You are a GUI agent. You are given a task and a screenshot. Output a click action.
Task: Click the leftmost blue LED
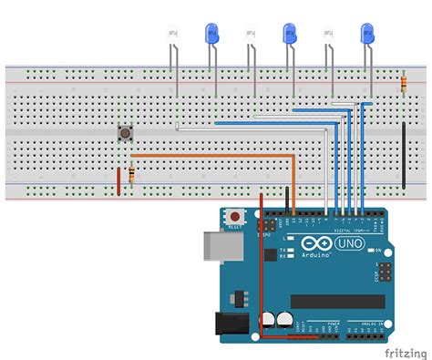211,35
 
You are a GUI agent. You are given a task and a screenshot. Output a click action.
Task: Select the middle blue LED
290,35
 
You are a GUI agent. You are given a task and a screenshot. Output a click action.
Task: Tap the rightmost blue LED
368,35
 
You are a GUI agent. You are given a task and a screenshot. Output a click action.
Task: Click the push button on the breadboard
124,134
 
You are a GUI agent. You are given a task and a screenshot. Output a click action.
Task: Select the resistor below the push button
133,175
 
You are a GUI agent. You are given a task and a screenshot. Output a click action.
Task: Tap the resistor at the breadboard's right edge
404,84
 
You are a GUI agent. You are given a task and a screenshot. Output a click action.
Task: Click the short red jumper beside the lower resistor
118,180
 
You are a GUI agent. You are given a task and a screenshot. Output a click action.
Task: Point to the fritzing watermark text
406,351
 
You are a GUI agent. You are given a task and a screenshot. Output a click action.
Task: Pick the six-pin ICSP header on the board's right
386,271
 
